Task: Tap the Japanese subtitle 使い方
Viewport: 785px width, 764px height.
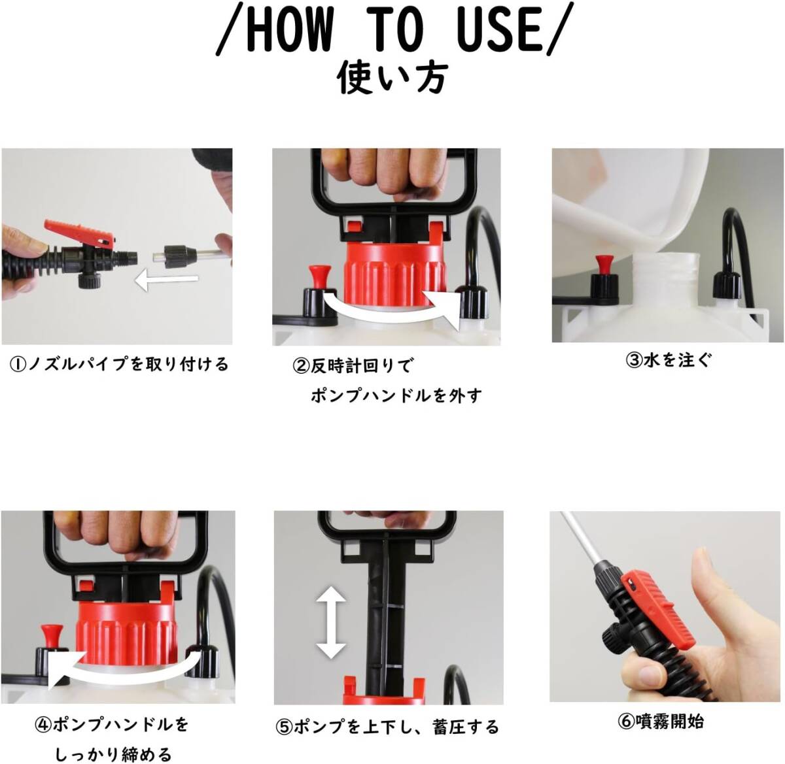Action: [x=392, y=78]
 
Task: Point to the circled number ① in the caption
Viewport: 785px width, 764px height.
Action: [x=18, y=365]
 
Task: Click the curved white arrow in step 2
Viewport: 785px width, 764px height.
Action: [x=393, y=308]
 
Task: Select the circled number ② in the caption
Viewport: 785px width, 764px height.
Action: [x=301, y=367]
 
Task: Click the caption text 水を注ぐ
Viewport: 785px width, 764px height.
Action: [x=677, y=360]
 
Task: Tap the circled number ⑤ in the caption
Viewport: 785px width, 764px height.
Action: [x=284, y=728]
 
